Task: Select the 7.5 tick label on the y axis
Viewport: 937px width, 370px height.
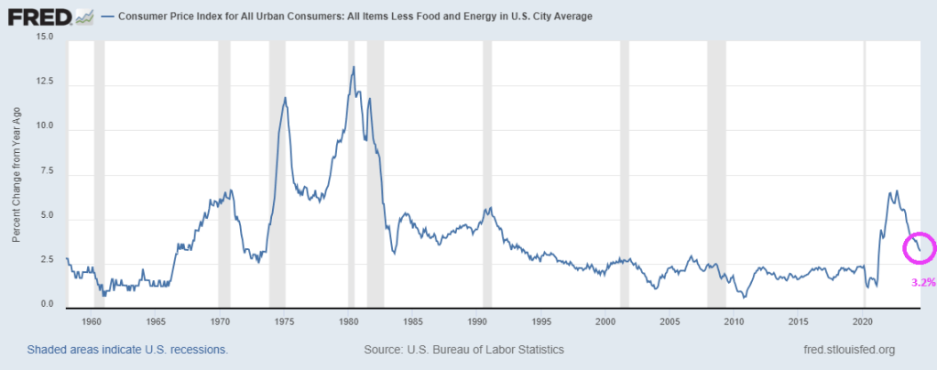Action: [x=47, y=172]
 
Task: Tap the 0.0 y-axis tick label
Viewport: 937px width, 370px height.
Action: [x=47, y=304]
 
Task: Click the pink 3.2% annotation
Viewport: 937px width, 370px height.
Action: [x=922, y=283]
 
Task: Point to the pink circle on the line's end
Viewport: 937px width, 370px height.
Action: [x=920, y=245]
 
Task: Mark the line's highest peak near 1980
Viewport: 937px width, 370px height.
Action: [x=354, y=67]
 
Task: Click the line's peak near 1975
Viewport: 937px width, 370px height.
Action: [x=286, y=97]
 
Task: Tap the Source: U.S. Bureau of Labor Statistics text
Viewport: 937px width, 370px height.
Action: [x=463, y=350]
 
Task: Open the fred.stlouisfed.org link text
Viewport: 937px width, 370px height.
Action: [x=847, y=350]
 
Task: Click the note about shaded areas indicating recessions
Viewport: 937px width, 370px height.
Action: [x=127, y=350]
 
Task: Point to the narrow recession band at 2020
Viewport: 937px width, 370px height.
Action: [x=866, y=169]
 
